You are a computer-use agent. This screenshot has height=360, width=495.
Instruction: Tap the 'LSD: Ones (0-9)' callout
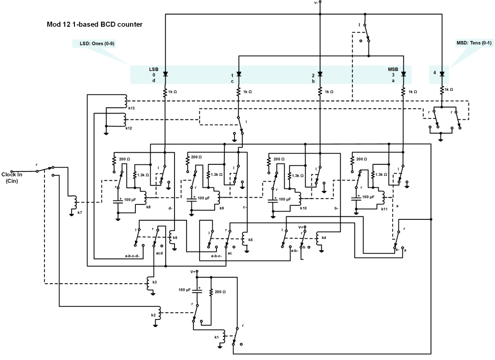pos(94,43)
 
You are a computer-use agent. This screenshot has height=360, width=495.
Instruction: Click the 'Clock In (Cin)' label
pos(12,177)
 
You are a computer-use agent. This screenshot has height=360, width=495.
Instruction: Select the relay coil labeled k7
pos(75,202)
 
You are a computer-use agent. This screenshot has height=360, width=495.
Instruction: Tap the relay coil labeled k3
pos(149,284)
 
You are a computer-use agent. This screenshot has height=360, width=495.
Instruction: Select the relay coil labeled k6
pos(171,237)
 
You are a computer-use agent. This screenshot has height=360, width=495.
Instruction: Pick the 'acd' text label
pos(160,253)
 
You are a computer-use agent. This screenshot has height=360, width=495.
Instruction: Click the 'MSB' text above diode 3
pos(393,69)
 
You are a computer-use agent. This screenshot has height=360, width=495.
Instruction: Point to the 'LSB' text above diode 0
pos(153,69)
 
